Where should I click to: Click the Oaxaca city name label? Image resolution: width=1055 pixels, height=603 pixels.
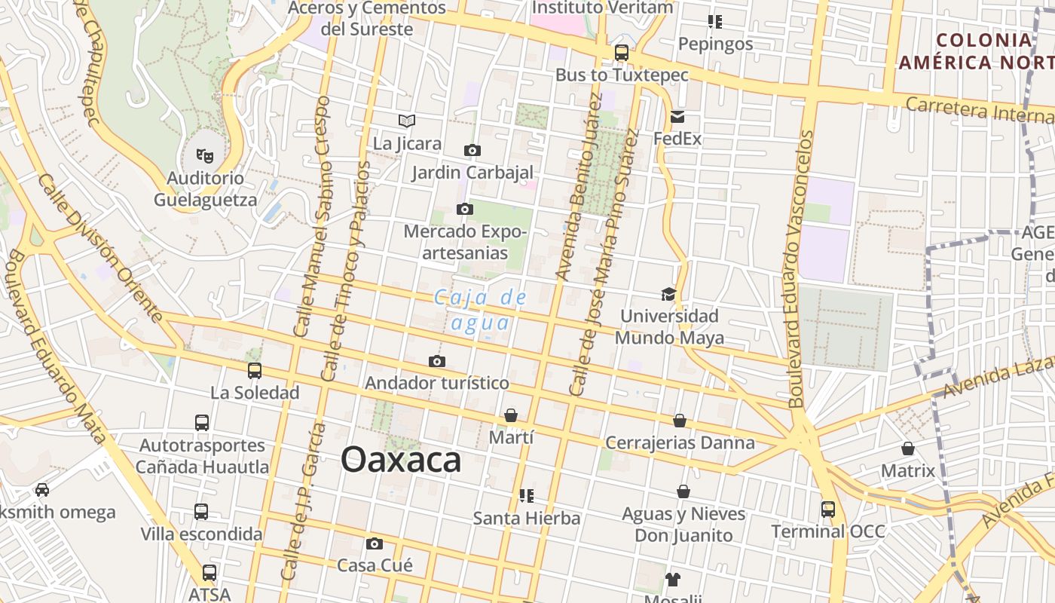(401, 459)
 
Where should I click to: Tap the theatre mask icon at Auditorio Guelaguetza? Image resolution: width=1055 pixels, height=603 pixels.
(205, 156)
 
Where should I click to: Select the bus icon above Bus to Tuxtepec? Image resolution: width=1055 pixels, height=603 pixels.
(622, 53)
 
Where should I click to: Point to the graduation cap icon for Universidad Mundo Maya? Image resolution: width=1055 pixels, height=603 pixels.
(668, 294)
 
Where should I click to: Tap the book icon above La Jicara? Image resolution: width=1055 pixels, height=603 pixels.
(407, 121)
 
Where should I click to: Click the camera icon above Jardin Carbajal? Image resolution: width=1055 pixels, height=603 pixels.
(472, 150)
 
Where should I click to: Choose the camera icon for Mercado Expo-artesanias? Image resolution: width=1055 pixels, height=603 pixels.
(465, 209)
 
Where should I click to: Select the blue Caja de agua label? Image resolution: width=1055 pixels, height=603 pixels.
(481, 310)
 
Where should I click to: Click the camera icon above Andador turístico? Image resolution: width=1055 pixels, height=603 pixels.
(437, 361)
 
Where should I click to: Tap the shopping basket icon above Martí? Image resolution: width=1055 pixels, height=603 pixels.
(511, 415)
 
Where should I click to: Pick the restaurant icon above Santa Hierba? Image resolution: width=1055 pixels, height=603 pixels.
(527, 495)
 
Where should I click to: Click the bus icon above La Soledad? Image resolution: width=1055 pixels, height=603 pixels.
(255, 371)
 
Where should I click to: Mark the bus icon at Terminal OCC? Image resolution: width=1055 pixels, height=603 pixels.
(828, 510)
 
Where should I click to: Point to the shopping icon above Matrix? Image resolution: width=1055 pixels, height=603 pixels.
(908, 448)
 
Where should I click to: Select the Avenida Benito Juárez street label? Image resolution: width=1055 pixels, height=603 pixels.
(577, 188)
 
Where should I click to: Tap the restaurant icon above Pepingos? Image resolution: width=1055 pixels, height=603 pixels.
(714, 22)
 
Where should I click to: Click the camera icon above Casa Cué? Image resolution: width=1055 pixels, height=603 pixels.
(375, 543)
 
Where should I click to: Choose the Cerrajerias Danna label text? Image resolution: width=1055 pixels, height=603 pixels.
(680, 442)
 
